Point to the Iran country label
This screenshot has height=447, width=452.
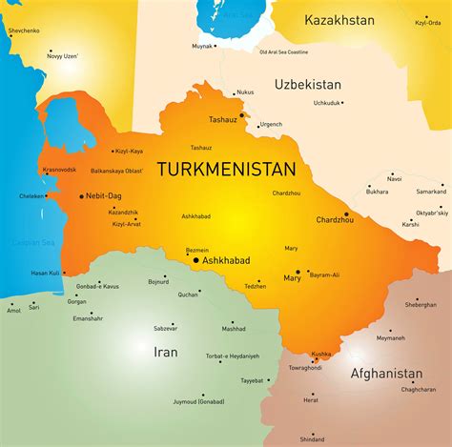pyautogui.click(x=164, y=352)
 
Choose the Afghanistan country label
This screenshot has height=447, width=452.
pyautogui.click(x=386, y=373)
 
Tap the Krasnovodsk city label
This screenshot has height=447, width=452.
pyautogui.click(x=60, y=169)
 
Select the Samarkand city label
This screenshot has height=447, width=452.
pyautogui.click(x=430, y=192)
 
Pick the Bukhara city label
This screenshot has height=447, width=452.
pyautogui.click(x=377, y=192)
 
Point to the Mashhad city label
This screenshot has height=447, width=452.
pyautogui.click(x=234, y=328)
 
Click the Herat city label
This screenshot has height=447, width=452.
pyautogui.click(x=311, y=398)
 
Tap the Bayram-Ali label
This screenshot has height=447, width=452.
pyautogui.click(x=322, y=274)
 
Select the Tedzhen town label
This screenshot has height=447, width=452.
pyautogui.click(x=255, y=285)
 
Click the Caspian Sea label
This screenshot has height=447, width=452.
pyautogui.click(x=31, y=243)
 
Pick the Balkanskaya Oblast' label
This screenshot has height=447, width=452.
pyautogui.click(x=116, y=172)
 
